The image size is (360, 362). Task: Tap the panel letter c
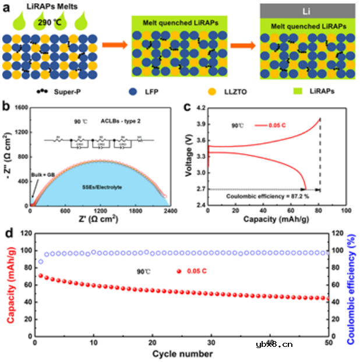pos(186,107)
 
